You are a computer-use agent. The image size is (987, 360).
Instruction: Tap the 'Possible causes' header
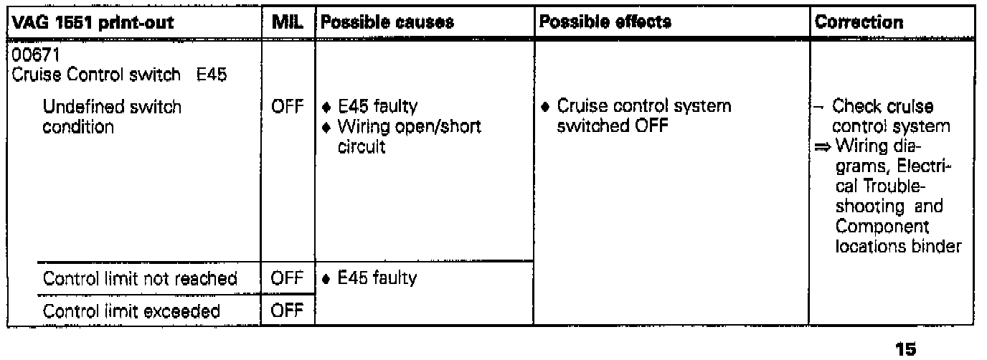(x=387, y=22)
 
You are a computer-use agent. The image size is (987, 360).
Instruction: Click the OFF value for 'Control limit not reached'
(x=284, y=278)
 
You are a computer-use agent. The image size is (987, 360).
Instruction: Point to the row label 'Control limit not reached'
(x=140, y=278)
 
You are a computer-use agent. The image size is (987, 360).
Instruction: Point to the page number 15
(x=906, y=349)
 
